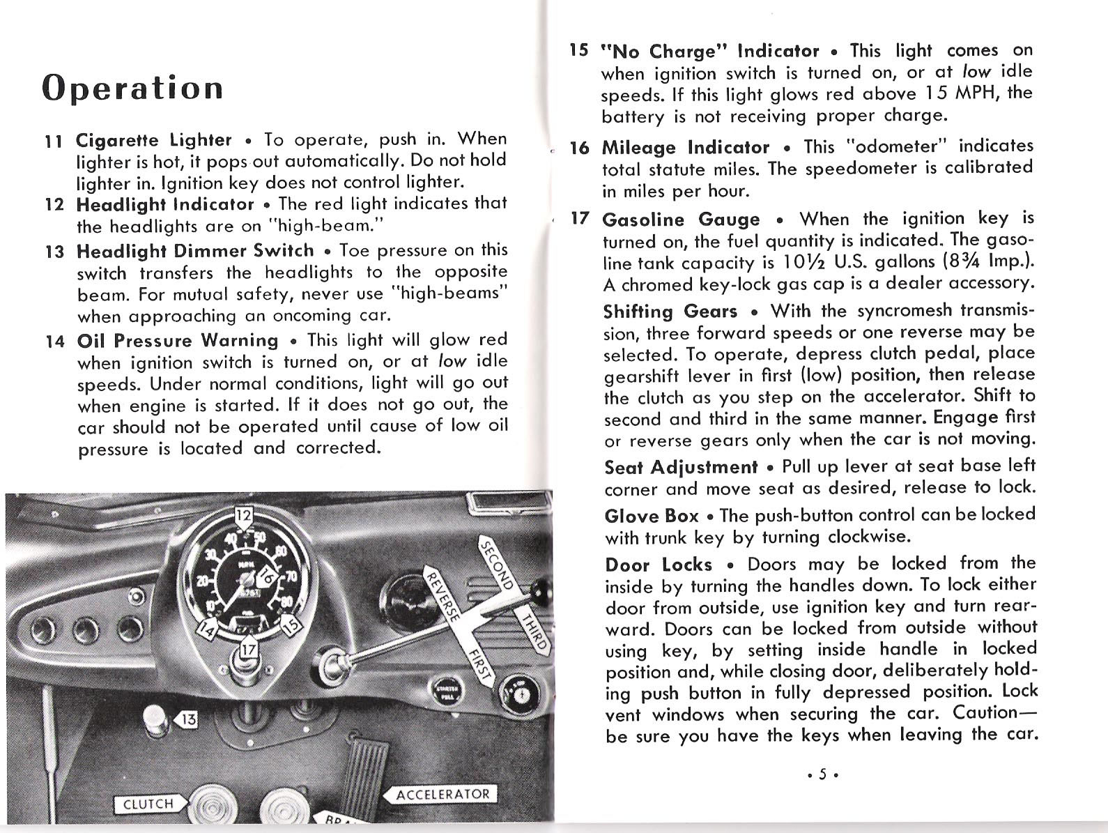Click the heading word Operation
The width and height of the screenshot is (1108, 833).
[132, 89]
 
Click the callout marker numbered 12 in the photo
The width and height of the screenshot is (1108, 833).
[243, 517]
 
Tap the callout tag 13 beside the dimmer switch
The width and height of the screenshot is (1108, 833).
[190, 719]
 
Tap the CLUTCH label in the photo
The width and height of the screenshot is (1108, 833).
[148, 804]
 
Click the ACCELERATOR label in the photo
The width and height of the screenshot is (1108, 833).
[442, 795]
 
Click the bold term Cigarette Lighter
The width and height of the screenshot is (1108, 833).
[154, 140]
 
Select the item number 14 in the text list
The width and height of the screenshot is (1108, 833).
[54, 342]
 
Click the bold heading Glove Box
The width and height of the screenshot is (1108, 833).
[651, 516]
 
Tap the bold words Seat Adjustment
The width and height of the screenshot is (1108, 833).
[680, 466]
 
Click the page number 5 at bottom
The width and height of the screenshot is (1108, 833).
[822, 774]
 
